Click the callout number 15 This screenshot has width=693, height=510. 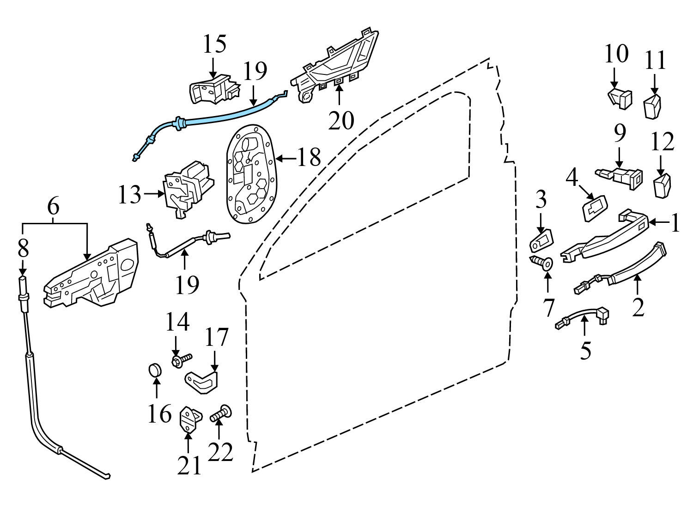point(215,44)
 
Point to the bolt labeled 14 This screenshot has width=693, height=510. point(182,360)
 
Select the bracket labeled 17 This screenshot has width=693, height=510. point(202,380)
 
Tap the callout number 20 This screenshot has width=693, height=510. point(341,120)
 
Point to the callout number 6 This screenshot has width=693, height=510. point(54,207)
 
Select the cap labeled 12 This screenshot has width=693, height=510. point(663,185)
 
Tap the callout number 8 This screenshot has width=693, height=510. point(23,247)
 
